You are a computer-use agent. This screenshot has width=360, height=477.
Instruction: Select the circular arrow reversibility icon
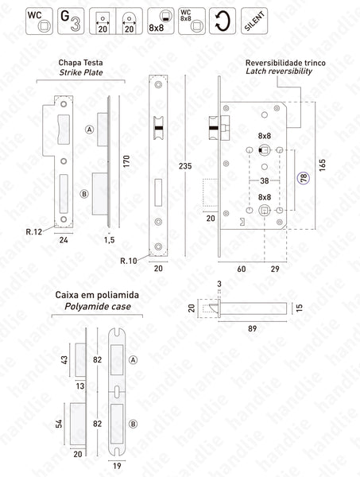222,19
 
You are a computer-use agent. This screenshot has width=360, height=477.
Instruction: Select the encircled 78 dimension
303,179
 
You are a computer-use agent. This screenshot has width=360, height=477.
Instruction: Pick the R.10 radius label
129,260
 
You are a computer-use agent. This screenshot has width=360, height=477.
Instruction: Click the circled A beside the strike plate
90,129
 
